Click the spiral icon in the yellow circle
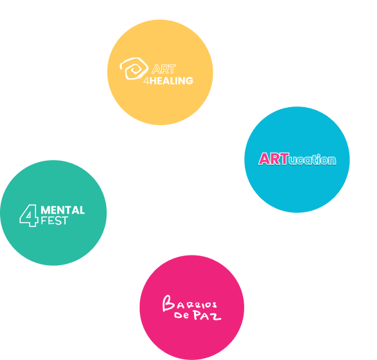(x=134, y=68)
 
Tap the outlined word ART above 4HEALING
(x=164, y=69)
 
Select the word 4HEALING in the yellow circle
(x=168, y=81)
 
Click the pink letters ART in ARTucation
(x=274, y=159)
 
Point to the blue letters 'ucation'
(x=313, y=160)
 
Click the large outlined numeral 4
(x=29, y=215)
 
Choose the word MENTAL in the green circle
(x=63, y=210)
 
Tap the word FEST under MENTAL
(x=54, y=221)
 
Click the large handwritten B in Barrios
(x=168, y=303)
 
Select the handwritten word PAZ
(x=208, y=315)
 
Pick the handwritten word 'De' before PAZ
(x=181, y=315)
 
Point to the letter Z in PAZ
(x=216, y=317)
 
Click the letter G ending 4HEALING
(x=189, y=81)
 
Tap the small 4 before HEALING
(x=146, y=81)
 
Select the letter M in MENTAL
(x=46, y=210)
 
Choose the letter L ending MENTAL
(x=81, y=210)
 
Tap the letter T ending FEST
(x=64, y=221)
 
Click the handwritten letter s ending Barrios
(x=213, y=305)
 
